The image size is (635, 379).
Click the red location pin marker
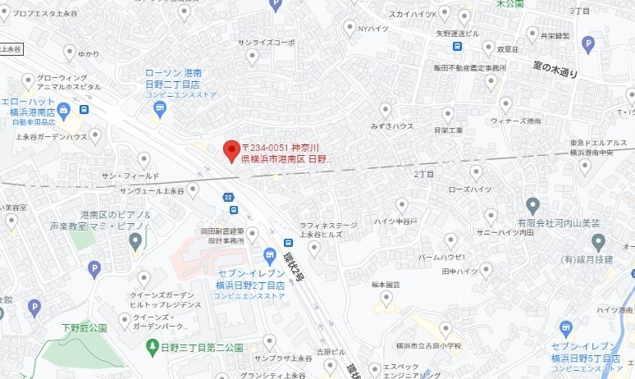click(231, 149)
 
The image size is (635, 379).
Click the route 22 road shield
click(228, 197)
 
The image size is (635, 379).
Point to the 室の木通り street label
click(555, 71)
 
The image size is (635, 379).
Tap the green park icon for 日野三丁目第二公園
click(152, 347)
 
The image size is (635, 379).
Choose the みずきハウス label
click(391, 126)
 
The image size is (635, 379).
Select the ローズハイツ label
click(468, 189)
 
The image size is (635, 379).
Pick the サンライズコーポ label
click(266, 42)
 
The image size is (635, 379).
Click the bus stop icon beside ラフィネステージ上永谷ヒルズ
click(288, 243)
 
